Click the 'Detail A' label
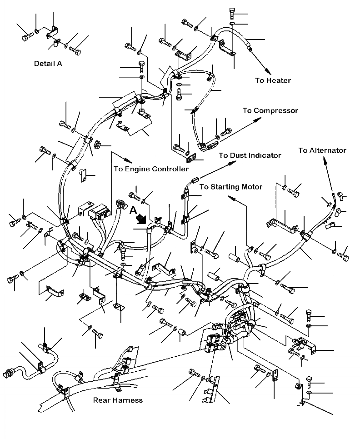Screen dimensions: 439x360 coord(48,64)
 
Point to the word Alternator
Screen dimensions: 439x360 coord(329,150)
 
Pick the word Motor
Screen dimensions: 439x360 coord(252,187)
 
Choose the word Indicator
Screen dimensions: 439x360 coord(264,155)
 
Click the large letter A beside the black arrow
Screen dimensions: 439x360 coord(133,210)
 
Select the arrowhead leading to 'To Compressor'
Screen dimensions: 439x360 coord(261,119)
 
